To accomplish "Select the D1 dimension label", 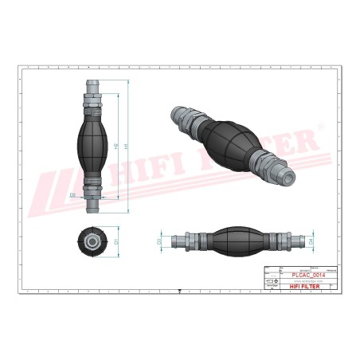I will (116, 240).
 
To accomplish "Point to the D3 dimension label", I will (158, 240).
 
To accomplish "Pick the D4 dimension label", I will (311, 240).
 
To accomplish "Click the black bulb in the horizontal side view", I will (235, 240).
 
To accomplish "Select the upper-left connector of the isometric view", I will (182, 115).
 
